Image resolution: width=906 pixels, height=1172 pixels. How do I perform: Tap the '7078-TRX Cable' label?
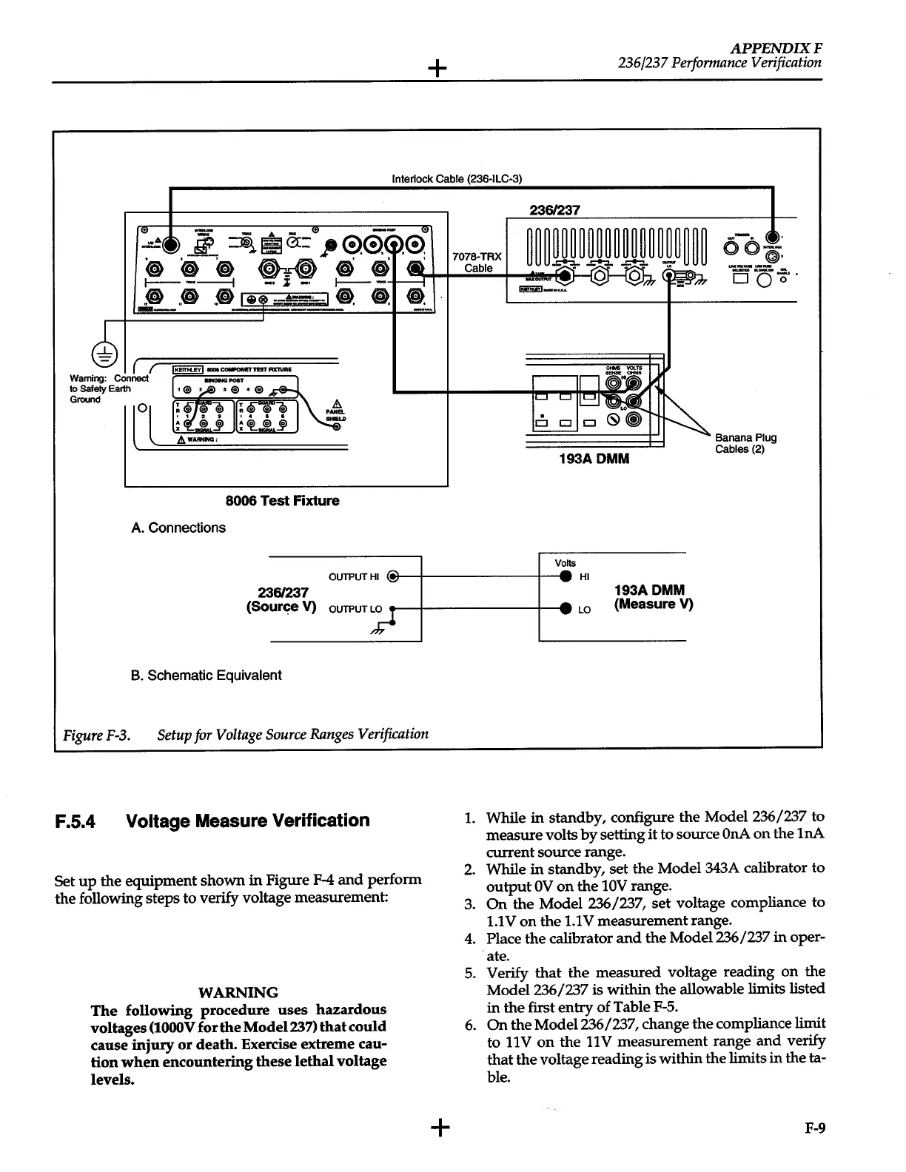click(477, 262)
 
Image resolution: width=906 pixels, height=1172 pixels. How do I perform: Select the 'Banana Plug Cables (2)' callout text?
click(745, 443)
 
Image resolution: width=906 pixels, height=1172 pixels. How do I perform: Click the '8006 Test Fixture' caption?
click(282, 500)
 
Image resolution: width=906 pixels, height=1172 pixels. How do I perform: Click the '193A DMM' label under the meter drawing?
click(594, 459)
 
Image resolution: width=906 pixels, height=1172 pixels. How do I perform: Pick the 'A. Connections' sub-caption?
click(178, 528)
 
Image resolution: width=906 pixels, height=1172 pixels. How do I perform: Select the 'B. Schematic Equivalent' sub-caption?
click(206, 675)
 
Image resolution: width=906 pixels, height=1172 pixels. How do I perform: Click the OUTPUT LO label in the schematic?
click(355, 609)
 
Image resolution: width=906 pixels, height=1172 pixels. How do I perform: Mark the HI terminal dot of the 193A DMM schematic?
click(566, 576)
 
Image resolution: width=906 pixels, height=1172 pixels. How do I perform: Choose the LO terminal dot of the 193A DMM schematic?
click(566, 609)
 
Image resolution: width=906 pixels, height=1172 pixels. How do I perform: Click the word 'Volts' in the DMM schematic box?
click(565, 563)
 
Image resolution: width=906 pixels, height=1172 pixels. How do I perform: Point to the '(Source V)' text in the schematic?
click(281, 607)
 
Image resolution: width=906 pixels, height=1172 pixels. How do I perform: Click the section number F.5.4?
click(75, 821)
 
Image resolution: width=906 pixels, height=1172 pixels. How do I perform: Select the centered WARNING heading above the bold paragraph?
click(238, 992)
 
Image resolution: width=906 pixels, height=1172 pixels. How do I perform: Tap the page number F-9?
click(815, 1128)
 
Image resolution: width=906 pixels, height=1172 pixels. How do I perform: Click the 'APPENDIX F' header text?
click(776, 48)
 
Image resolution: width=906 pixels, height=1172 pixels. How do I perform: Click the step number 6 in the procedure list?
click(469, 1024)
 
